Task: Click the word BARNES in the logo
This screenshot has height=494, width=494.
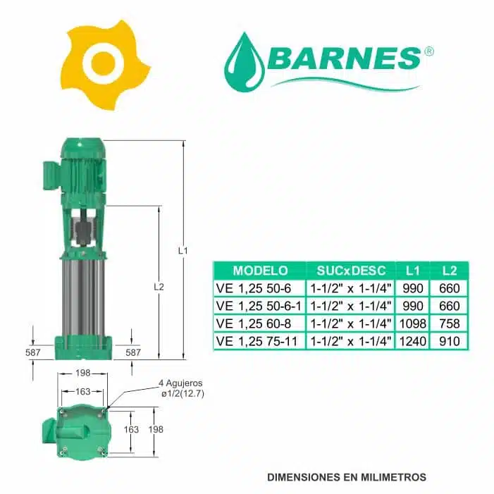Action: coord(343,58)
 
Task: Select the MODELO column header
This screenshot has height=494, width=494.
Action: coord(260,270)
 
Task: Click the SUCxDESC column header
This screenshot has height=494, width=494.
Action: coord(350,270)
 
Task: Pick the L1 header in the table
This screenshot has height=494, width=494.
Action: coord(412,270)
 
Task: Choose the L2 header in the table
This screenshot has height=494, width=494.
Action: coord(449,270)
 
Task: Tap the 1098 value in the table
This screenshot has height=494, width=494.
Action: coord(412,323)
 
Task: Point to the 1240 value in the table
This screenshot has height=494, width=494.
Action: coord(412,341)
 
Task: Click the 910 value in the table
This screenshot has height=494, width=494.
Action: coord(449,341)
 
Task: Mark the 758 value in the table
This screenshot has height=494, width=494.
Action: coord(449,323)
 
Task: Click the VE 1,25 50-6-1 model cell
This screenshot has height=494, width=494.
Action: coord(259,306)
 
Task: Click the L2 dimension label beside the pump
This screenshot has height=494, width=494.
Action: coord(159,287)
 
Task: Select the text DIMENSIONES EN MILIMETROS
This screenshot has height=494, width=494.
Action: coord(347,477)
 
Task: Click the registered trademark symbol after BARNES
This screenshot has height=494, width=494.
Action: coord(429,51)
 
